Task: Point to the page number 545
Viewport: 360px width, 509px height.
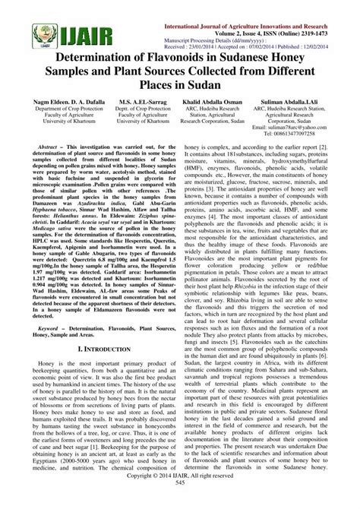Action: (180, 503)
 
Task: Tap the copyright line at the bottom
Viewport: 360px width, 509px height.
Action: (180, 495)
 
